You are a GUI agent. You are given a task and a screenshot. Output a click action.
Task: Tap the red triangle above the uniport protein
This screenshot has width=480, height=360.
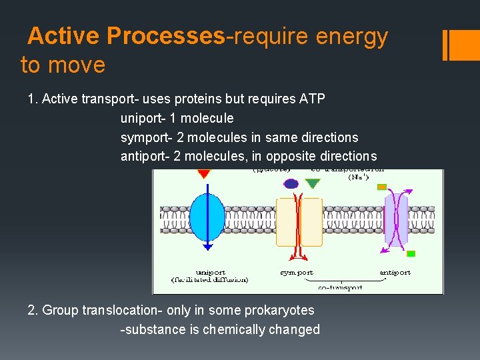pos(204,173)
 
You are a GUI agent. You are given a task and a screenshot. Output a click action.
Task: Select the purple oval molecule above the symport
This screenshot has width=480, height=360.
pos(291,183)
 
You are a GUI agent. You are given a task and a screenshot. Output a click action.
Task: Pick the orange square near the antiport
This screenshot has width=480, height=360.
pos(382,187)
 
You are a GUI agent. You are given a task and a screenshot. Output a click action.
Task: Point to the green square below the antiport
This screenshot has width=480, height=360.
pos(411,253)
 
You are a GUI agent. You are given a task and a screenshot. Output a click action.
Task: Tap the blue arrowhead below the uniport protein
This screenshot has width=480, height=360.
pos(207,247)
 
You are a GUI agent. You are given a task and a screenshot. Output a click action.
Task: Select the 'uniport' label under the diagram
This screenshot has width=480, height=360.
pos(210,272)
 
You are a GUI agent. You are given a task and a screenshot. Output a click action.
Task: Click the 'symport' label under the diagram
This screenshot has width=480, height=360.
pos(296,272)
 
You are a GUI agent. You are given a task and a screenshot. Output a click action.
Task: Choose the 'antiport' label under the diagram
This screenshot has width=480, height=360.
pos(395,272)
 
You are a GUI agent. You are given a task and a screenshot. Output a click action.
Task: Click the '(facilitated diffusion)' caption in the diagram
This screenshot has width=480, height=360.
pos(210,280)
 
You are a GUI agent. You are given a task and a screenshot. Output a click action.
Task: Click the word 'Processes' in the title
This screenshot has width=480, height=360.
pos(165,37)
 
